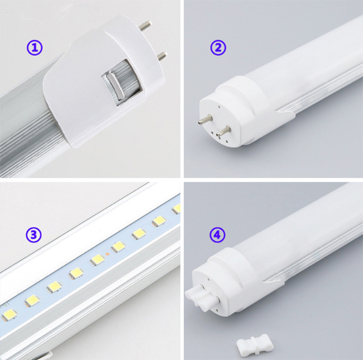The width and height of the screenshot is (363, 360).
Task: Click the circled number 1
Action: (35, 47)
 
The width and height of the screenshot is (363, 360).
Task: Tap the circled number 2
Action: (218, 47)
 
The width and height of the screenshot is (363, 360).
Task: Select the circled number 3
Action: (34, 235)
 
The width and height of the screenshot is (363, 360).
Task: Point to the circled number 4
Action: (217, 235)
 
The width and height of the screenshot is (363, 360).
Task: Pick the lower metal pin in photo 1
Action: (161, 56)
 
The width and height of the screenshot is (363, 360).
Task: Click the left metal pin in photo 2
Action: (205, 119)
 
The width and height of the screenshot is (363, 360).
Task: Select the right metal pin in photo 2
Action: (223, 131)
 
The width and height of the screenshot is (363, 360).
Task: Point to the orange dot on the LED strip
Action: (107, 254)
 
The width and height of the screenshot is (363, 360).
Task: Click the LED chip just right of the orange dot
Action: (118, 247)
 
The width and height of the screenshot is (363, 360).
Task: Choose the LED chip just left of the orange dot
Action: (97, 260)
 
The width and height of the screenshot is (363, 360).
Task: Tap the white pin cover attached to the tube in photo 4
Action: (202, 296)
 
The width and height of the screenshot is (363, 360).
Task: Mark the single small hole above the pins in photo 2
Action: (219, 107)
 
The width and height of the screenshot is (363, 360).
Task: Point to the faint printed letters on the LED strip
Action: (4, 305)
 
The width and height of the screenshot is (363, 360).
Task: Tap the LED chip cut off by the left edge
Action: (9, 315)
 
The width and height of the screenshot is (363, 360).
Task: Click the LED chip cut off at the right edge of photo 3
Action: (176, 209)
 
